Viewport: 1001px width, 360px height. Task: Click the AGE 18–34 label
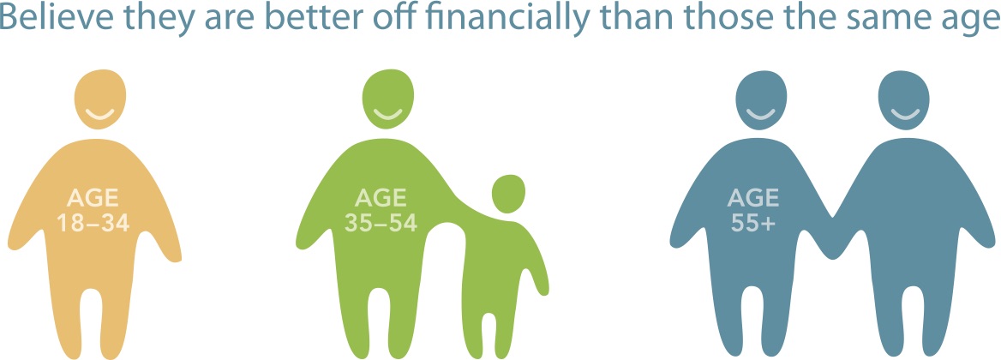pyautogui.click(x=93, y=209)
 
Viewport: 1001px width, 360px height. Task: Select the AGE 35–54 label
pyautogui.click(x=381, y=209)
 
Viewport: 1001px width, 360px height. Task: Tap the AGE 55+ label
pyautogui.click(x=752, y=209)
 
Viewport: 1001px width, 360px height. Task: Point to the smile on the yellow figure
pyautogui.click(x=99, y=115)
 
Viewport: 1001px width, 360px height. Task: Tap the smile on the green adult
pyautogui.click(x=387, y=115)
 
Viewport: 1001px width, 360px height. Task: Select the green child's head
pyautogui.click(x=508, y=194)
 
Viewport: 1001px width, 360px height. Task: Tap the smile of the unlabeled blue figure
pyautogui.click(x=904, y=115)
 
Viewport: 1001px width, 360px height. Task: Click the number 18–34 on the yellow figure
pyautogui.click(x=93, y=223)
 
